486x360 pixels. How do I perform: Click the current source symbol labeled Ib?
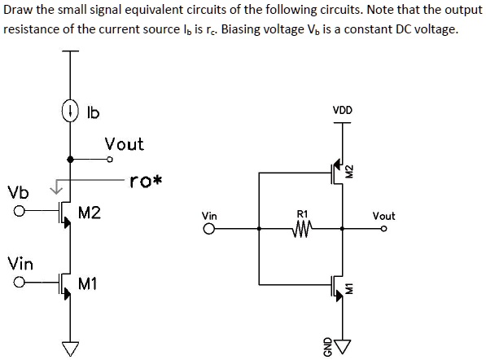point(70,112)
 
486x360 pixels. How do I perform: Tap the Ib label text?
point(92,113)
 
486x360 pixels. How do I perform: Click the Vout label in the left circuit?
point(124,144)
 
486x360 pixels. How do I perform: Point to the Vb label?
point(17,193)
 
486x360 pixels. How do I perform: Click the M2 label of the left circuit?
point(90,213)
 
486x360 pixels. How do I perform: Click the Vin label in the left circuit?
point(20,263)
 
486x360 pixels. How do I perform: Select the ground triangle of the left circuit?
point(70,349)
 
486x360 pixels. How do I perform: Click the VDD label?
point(342,110)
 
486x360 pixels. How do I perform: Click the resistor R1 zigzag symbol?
point(302,229)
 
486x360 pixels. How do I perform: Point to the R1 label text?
point(302,216)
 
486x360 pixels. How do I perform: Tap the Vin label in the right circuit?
point(209,216)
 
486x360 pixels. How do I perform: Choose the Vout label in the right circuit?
point(383,216)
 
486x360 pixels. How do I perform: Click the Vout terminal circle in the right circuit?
point(381,229)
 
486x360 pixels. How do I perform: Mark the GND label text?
point(329,345)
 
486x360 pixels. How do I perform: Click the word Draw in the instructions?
point(19,10)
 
